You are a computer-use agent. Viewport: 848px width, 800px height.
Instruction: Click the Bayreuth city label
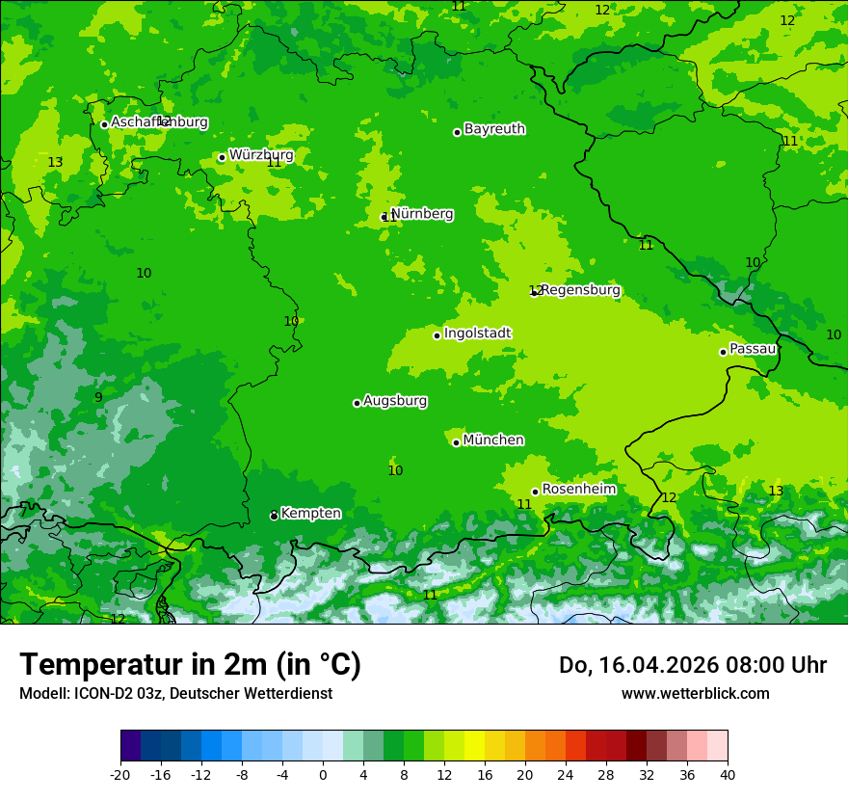coord(494,129)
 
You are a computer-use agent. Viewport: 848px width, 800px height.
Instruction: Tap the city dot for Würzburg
coord(222,157)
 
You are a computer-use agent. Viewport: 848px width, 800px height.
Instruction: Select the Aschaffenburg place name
coord(159,122)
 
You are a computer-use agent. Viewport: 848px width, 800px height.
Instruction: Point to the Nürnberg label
coord(422,214)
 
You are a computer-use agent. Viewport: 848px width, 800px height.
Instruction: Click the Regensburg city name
coord(580,290)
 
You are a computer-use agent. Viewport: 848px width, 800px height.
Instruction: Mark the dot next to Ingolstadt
coord(437,335)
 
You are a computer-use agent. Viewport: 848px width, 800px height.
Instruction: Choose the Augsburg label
coord(395,401)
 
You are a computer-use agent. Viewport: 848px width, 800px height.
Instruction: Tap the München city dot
coord(456,442)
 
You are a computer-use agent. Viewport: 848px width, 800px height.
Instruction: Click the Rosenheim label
coord(578,490)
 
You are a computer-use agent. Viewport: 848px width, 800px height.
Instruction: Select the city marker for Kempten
coord(274,516)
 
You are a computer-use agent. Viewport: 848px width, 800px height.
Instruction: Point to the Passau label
coord(753,349)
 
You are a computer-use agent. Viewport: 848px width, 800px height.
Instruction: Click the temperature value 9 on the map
coord(98,397)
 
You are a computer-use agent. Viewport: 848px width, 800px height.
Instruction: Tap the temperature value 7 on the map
coord(23,512)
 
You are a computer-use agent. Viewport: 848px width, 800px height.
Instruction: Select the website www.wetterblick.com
coord(695,693)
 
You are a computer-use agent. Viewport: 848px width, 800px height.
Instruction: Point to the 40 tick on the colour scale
coord(728,774)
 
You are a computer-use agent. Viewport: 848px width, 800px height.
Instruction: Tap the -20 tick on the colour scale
coord(120,774)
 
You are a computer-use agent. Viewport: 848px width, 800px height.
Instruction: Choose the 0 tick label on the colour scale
coord(323,774)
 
